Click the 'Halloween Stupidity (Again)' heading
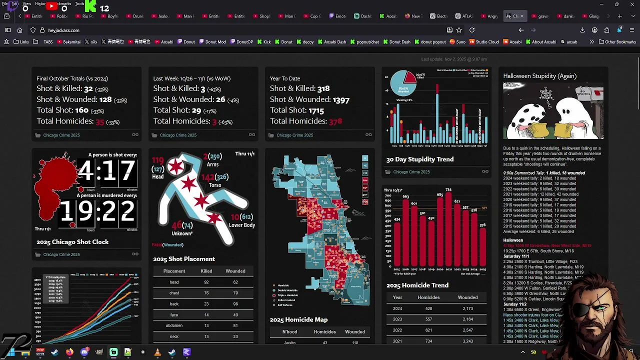(539, 76)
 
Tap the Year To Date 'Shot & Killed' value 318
(323, 88)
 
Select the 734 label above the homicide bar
(448, 190)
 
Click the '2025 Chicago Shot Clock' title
(72, 242)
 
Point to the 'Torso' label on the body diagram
(215, 185)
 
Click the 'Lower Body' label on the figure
(242, 225)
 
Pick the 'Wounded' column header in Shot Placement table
(235, 271)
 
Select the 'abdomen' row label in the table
(174, 325)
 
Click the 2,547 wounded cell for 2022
(467, 330)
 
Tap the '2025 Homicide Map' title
(298, 319)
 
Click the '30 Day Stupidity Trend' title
(420, 159)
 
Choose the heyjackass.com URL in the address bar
(63, 30)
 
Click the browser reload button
(471, 30)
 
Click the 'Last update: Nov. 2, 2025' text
(453, 59)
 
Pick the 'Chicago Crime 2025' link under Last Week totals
(178, 135)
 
